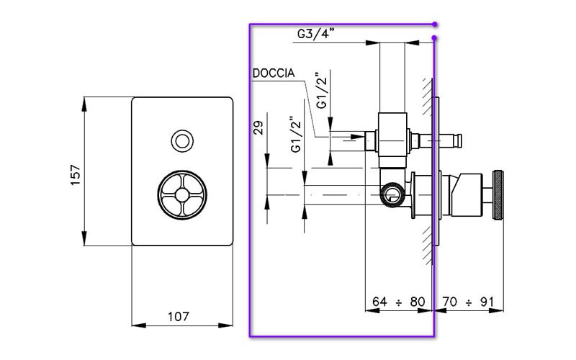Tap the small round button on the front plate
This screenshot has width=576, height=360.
(182, 140)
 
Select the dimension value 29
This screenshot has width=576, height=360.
(258, 127)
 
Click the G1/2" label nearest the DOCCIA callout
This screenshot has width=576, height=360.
(323, 91)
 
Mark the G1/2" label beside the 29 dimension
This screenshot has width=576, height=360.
(295, 134)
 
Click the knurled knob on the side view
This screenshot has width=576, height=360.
(498, 194)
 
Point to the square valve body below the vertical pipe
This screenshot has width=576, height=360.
(392, 134)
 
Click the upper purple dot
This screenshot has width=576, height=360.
(435, 24)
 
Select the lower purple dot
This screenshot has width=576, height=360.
(434, 37)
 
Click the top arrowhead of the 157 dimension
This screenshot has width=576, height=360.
(85, 102)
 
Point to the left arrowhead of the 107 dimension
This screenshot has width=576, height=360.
(135, 325)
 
